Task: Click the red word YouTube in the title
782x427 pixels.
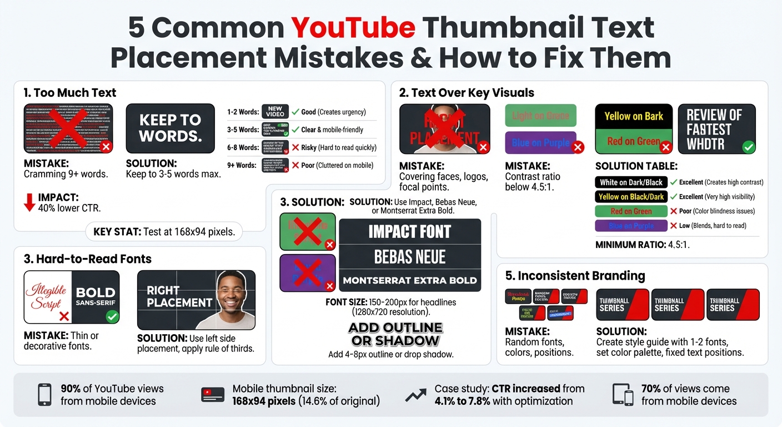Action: pyautogui.click(x=353, y=28)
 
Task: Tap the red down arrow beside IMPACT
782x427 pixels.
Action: pyautogui.click(x=29, y=202)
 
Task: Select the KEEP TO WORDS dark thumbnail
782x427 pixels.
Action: pyautogui.click(x=170, y=128)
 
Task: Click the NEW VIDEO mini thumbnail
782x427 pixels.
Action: pyautogui.click(x=275, y=112)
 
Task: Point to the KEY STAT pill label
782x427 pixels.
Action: pyautogui.click(x=164, y=232)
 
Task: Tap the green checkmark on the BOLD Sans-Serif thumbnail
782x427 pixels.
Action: pyautogui.click(x=112, y=316)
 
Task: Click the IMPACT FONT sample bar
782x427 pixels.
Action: pyautogui.click(x=410, y=231)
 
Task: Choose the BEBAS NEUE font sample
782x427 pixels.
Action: pyautogui.click(x=410, y=257)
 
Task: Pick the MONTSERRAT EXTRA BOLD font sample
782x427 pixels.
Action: pyautogui.click(x=410, y=281)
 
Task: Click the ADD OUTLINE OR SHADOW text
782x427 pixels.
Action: pyautogui.click(x=395, y=334)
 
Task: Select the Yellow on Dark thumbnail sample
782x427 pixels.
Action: pyautogui.click(x=634, y=116)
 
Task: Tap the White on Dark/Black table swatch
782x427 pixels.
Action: pyautogui.click(x=631, y=182)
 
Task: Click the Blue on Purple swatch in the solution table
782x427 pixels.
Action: pyautogui.click(x=631, y=226)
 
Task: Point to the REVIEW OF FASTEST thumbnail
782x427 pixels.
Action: pyautogui.click(x=716, y=129)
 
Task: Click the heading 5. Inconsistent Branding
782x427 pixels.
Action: pyautogui.click(x=575, y=276)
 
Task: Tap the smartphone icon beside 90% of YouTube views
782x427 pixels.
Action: pyautogui.click(x=44, y=395)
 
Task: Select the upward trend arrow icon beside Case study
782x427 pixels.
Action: pyautogui.click(x=415, y=395)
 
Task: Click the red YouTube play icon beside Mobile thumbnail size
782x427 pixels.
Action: pyautogui.click(x=212, y=395)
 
